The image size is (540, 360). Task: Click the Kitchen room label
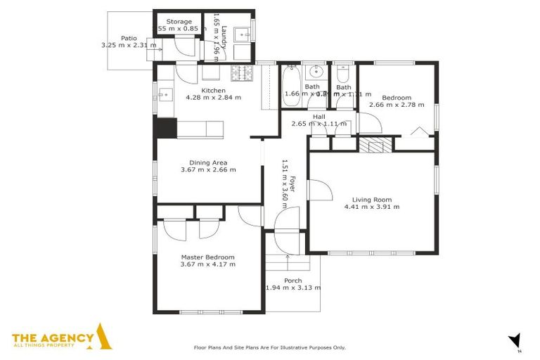tap(213, 91)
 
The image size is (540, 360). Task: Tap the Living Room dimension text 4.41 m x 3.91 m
tap(371, 207)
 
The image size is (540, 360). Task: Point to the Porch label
tap(292, 281)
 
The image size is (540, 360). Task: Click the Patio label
tap(128, 38)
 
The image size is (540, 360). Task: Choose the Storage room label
tap(179, 22)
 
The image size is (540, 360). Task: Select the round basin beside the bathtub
tap(316, 72)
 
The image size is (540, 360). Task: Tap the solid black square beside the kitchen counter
tap(166, 128)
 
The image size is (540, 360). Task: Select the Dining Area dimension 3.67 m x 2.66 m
tap(207, 169)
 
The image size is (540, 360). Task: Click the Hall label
tap(319, 116)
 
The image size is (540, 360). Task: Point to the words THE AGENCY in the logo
tap(52, 337)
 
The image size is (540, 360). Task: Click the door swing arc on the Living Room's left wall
tap(320, 190)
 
